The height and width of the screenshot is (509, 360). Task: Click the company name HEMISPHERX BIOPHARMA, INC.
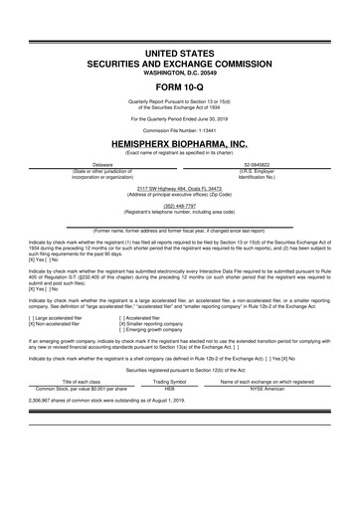pyautogui.click(x=179, y=144)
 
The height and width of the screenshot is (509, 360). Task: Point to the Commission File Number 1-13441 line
pyautogui.click(x=179, y=132)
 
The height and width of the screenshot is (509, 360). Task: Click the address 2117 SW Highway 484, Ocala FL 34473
pyautogui.click(x=179, y=188)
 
